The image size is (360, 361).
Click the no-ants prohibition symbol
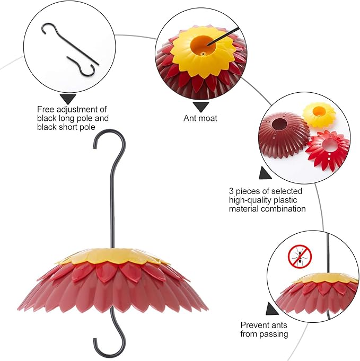[300, 257]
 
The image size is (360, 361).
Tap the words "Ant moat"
[200, 118]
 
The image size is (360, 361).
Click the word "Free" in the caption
[46, 110]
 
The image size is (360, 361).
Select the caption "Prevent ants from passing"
[265, 329]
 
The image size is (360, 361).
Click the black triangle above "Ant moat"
[200, 106]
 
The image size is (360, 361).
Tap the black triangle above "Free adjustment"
[68, 99]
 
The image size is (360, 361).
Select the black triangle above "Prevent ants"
[273, 309]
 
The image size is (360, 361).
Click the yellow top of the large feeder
[112, 257]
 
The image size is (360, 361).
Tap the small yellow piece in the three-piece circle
[319, 113]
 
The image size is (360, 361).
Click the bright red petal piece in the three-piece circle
[328, 149]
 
